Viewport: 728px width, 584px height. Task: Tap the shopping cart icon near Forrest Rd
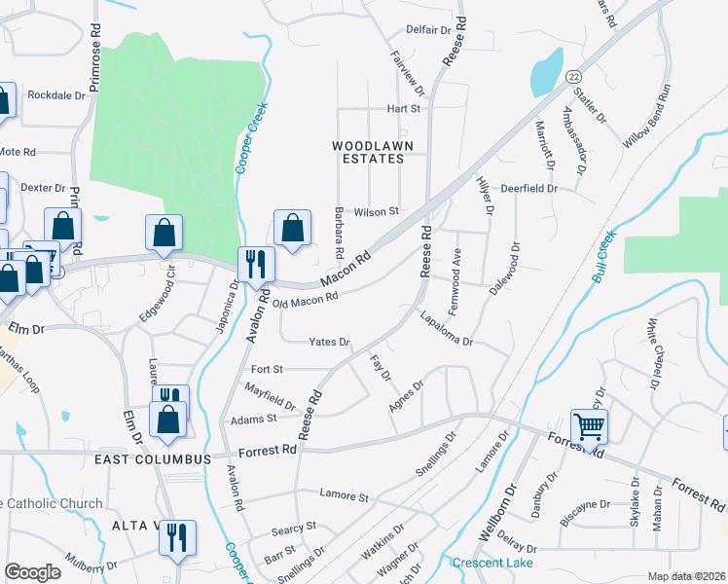click(588, 425)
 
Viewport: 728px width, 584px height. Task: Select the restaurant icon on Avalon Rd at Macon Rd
click(257, 265)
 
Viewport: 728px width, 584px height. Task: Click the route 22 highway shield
click(575, 76)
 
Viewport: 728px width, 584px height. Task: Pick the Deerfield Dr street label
click(528, 188)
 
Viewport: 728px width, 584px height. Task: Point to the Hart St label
click(403, 109)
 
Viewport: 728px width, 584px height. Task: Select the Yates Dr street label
click(329, 343)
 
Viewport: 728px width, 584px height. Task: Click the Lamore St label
click(345, 496)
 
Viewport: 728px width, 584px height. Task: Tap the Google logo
click(32, 572)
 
